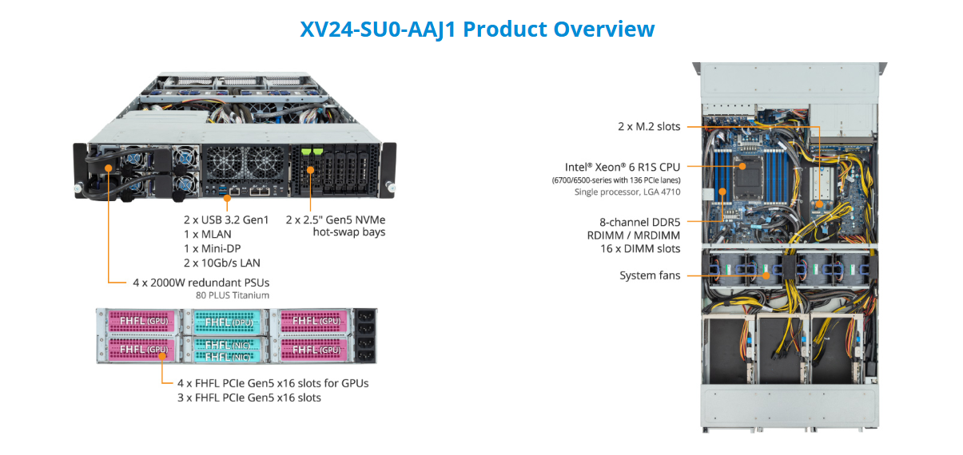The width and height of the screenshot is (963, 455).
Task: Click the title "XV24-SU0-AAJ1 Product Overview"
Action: pos(477,29)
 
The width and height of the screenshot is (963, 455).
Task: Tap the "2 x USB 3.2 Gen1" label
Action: pos(226,220)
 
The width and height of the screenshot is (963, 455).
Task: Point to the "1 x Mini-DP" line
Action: pos(213,248)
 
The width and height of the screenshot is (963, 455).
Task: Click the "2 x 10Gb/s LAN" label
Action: pos(221,263)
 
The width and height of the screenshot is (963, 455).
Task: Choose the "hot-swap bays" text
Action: pos(348,232)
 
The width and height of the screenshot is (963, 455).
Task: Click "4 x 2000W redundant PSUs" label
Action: pos(201,282)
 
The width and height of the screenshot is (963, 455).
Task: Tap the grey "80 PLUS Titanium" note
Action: pos(232,295)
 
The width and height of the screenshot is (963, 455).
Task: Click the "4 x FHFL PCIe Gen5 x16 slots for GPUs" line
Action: pos(272,383)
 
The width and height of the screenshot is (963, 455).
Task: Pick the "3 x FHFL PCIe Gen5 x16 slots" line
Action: pos(249,398)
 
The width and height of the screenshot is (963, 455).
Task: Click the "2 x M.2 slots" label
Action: pos(648,126)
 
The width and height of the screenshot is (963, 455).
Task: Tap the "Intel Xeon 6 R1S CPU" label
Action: pos(623,167)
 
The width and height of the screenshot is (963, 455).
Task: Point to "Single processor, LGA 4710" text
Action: pos(627,192)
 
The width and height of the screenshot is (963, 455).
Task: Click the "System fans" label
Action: pos(650,275)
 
